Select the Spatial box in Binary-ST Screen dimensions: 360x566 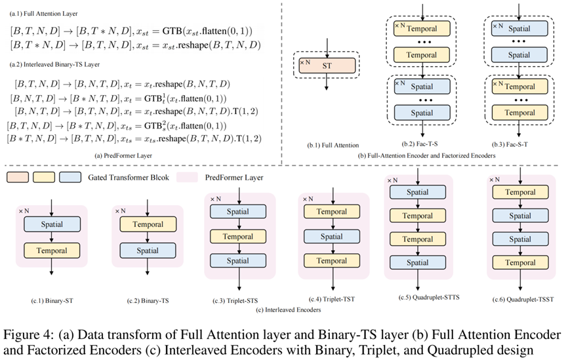(x=51, y=224)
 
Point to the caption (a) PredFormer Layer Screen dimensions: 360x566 (x=122, y=155)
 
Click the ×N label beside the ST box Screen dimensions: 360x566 (x=304, y=62)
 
